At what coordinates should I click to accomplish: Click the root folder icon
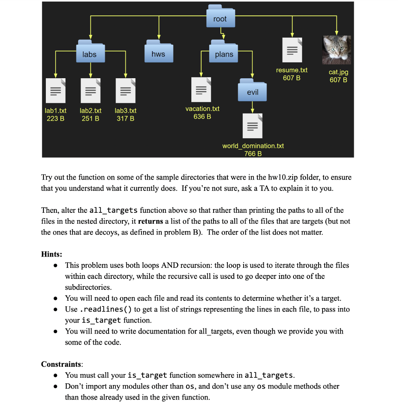220,17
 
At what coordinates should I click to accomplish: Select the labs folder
90,53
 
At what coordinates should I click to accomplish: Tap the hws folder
158,53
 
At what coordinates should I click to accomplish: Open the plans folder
224,53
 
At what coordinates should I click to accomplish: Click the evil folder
252,90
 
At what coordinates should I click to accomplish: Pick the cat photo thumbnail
336,50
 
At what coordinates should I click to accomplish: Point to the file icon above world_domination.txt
252,126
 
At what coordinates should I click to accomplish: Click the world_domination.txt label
253,145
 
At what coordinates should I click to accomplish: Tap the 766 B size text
253,154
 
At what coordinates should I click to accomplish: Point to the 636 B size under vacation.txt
202,117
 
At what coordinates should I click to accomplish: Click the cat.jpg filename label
338,72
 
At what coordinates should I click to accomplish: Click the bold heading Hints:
51,254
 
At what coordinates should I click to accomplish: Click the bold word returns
151,221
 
